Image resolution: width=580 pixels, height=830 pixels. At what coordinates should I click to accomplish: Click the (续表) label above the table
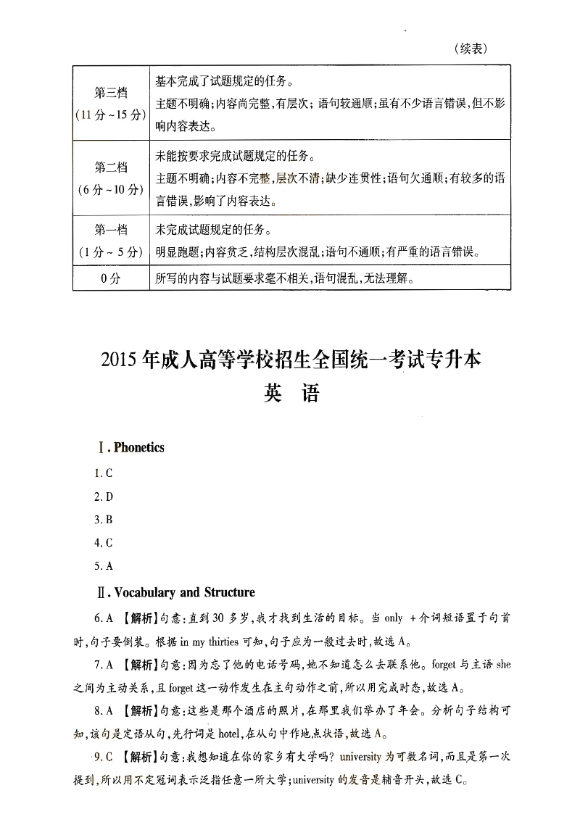point(471,49)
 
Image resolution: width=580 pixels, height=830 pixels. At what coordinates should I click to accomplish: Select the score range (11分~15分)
point(111,115)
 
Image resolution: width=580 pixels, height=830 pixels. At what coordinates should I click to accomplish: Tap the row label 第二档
point(111,168)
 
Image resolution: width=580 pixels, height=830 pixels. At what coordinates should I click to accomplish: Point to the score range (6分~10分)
point(111,190)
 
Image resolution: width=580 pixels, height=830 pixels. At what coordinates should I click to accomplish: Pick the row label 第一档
point(111,231)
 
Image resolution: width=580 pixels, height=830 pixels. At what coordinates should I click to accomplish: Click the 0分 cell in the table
point(111,278)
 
